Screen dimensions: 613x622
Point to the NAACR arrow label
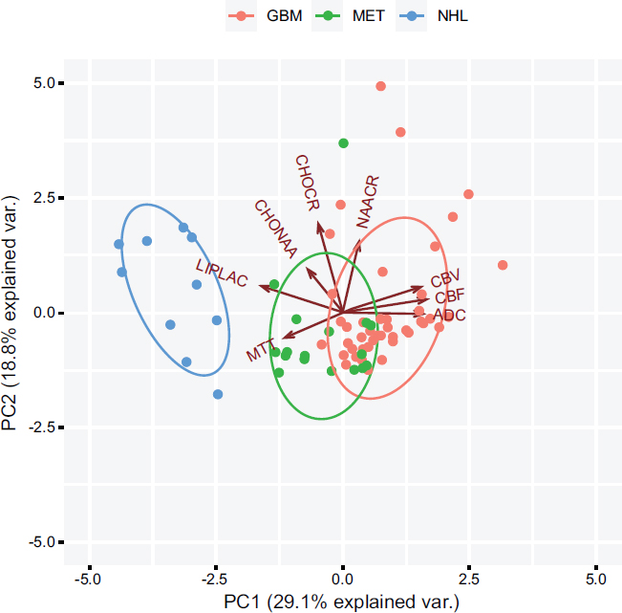[x=368, y=200]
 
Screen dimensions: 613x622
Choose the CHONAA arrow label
[x=275, y=227]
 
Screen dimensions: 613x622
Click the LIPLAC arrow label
[x=221, y=273]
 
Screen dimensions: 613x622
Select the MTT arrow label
[x=260, y=350]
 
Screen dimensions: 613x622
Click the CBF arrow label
[x=450, y=296]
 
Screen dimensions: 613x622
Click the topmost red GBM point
[x=380, y=86]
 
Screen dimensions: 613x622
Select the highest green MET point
[x=344, y=143]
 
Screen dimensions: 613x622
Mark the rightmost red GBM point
[x=503, y=265]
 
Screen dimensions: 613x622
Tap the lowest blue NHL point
[x=218, y=394]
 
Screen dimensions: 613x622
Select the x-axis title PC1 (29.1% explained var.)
[x=341, y=602]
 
